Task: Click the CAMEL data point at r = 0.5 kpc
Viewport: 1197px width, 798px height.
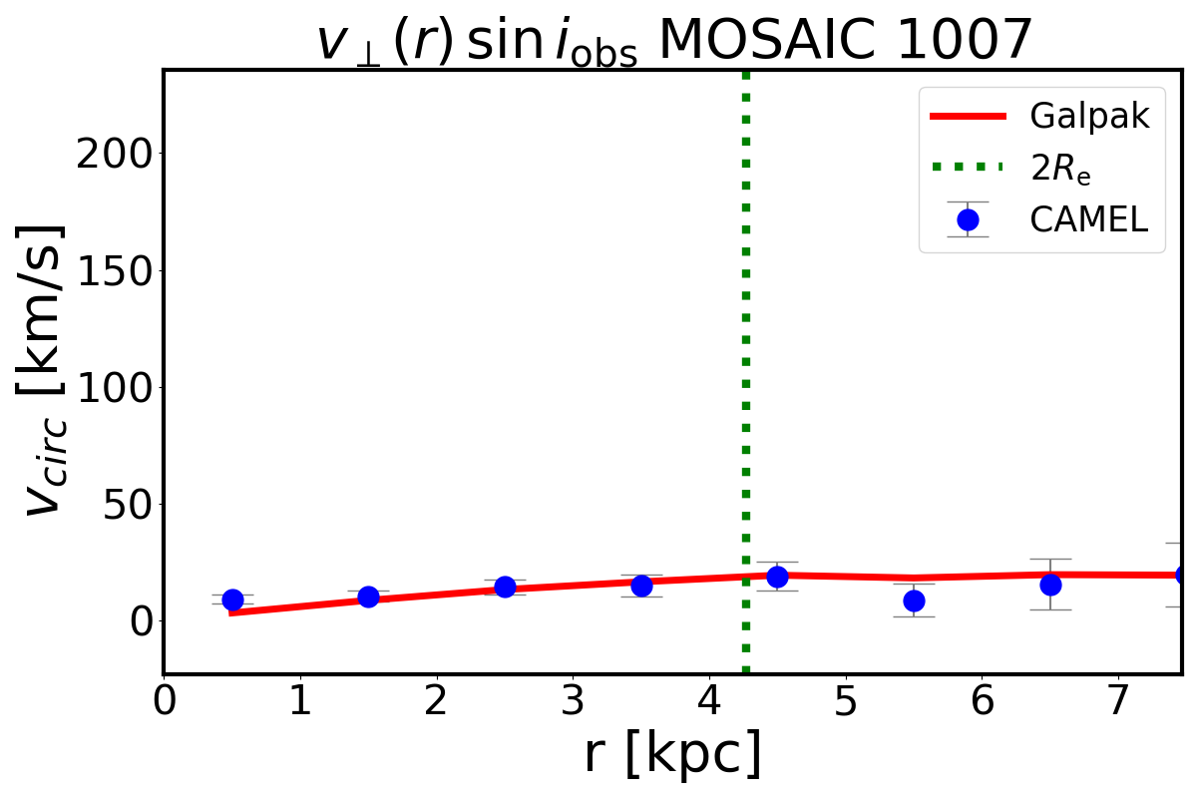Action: [x=232, y=599]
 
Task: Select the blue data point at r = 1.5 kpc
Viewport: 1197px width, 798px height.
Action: [x=368, y=597]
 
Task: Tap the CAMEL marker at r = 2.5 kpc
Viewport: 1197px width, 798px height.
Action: [x=505, y=587]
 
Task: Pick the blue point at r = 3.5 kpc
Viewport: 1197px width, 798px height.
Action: [x=641, y=586]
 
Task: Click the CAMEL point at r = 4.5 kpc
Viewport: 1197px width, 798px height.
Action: [x=777, y=577]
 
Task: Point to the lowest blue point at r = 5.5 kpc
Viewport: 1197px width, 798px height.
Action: [x=914, y=600]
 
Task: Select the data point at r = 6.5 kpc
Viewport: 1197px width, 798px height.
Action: [x=1050, y=585]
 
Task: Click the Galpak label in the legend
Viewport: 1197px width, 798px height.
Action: [x=1090, y=117]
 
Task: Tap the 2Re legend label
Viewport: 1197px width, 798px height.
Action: [x=1060, y=169]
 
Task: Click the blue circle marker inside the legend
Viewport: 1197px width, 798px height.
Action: [x=968, y=219]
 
